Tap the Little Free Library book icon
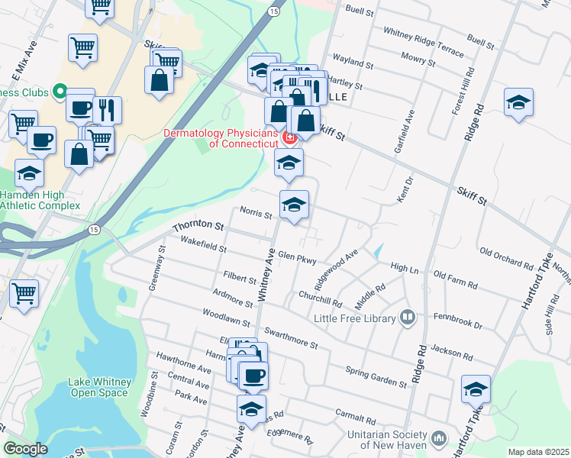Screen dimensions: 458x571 408,317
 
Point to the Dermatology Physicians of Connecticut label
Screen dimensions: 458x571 221,137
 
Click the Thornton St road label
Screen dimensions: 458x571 198,227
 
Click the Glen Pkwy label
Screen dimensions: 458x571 297,258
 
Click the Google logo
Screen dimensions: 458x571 25,450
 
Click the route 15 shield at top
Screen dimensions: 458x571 273,11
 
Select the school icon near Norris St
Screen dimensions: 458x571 294,205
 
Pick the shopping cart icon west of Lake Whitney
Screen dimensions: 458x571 24,292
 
